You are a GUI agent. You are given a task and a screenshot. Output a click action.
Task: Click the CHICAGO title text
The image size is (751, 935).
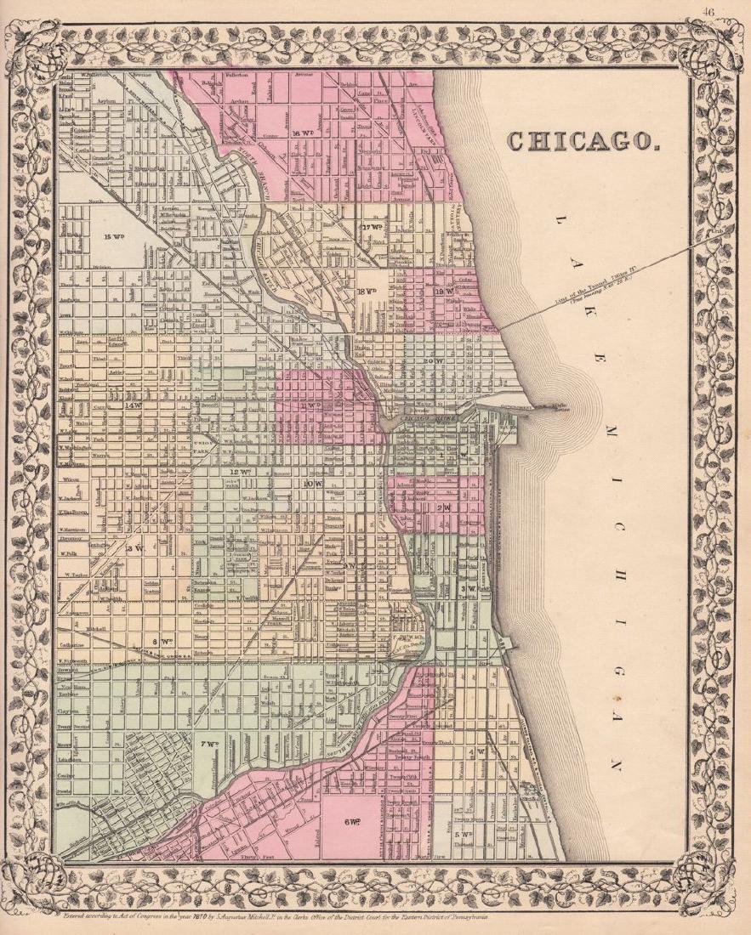[583, 140]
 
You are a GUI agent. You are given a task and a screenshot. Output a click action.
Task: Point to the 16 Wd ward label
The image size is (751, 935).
[302, 133]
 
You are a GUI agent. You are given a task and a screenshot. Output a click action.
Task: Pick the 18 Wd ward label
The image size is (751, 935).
[367, 291]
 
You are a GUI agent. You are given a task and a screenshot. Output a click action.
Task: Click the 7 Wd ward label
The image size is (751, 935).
[207, 745]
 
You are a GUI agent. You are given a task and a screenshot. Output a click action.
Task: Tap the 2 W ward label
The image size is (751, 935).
[443, 507]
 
